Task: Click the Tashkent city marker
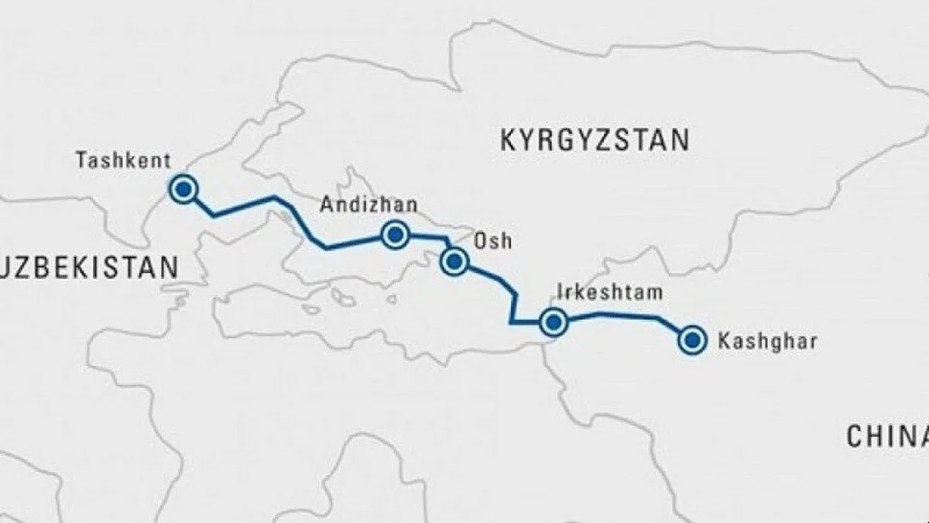pos(183,189)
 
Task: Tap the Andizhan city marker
pos(396,235)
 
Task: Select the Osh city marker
pos(454,263)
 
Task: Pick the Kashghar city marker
pos(691,339)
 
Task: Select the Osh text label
pos(492,240)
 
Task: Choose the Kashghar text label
pos(767,340)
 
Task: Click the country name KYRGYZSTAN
pos(594,141)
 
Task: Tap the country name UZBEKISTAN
pos(89,268)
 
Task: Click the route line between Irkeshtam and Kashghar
pos(619,314)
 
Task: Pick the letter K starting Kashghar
pos(725,340)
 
